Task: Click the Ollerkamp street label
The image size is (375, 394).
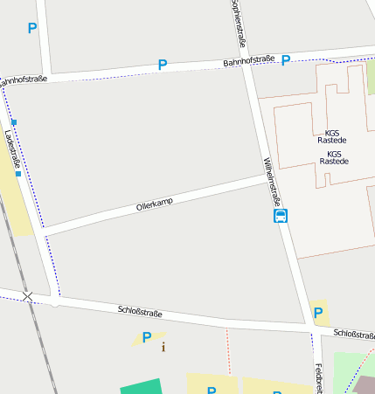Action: click(x=155, y=204)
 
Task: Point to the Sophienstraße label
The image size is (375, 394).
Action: click(x=237, y=24)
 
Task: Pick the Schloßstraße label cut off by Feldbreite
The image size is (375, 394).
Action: click(x=354, y=334)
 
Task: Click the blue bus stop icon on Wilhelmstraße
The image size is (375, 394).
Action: click(x=281, y=216)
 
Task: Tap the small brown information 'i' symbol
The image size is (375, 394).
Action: click(x=163, y=348)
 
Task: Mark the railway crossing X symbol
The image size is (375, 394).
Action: click(x=28, y=297)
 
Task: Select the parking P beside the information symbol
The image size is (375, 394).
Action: click(x=147, y=337)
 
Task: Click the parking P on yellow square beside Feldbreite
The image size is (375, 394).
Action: click(x=318, y=313)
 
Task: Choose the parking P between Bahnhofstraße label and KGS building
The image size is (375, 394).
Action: click(x=286, y=60)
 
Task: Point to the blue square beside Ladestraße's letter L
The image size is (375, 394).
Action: click(x=14, y=122)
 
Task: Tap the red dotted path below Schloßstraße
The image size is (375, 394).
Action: click(x=227, y=349)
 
